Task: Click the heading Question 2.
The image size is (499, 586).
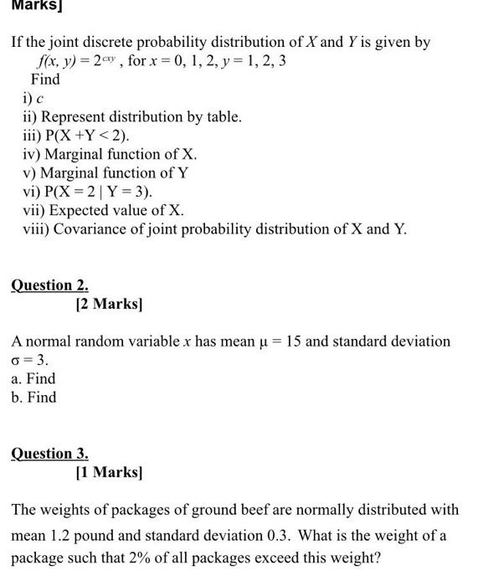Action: tap(49, 285)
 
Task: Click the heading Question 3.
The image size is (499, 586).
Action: tap(49, 454)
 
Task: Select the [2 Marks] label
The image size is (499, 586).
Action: tap(109, 304)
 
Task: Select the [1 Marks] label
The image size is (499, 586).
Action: tap(109, 472)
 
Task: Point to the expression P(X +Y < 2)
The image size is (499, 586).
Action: tap(86, 136)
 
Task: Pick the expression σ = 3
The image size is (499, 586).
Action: tap(30, 360)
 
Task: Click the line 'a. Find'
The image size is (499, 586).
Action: tap(33, 378)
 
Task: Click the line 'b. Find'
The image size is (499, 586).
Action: tap(33, 397)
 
